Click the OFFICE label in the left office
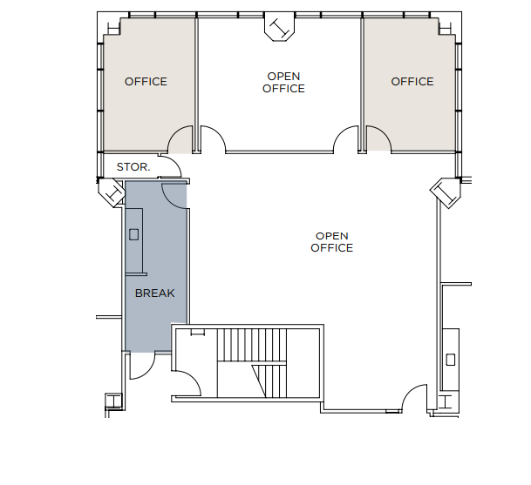pyautogui.click(x=146, y=82)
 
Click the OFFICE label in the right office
pyautogui.click(x=412, y=82)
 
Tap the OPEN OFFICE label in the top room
pyautogui.click(x=284, y=83)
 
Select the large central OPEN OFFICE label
pyautogui.click(x=332, y=242)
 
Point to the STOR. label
pyautogui.click(x=133, y=166)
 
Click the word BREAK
pyautogui.click(x=154, y=293)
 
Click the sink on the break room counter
pyautogui.click(x=134, y=233)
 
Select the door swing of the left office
pyautogui.click(x=181, y=140)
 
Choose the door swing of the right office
pyautogui.click(x=378, y=139)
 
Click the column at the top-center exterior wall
pyautogui.click(x=280, y=29)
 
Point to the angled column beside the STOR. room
pyautogui.click(x=113, y=192)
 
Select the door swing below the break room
pyautogui.click(x=140, y=368)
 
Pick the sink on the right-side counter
pyautogui.click(x=451, y=359)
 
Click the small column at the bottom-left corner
pyautogui.click(x=112, y=401)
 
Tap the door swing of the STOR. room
pyautogui.click(x=174, y=178)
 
